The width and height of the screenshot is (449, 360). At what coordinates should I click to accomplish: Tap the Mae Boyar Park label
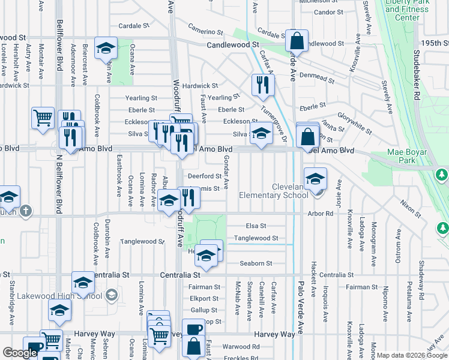(410, 157)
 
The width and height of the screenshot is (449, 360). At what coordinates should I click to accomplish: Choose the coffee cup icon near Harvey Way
(194, 331)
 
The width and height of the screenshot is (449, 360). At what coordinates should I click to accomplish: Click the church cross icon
(25, 211)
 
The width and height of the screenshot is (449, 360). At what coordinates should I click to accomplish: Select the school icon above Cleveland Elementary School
(315, 178)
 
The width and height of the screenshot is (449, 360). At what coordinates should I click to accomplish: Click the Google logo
(20, 353)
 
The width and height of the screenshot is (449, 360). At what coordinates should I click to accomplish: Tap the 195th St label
(435, 43)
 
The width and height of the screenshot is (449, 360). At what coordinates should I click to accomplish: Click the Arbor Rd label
(321, 214)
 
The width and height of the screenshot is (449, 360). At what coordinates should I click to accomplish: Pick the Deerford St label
(205, 176)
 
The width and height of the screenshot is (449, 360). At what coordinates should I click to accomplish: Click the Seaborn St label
(256, 263)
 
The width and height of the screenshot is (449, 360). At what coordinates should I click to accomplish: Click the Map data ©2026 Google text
(412, 355)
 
